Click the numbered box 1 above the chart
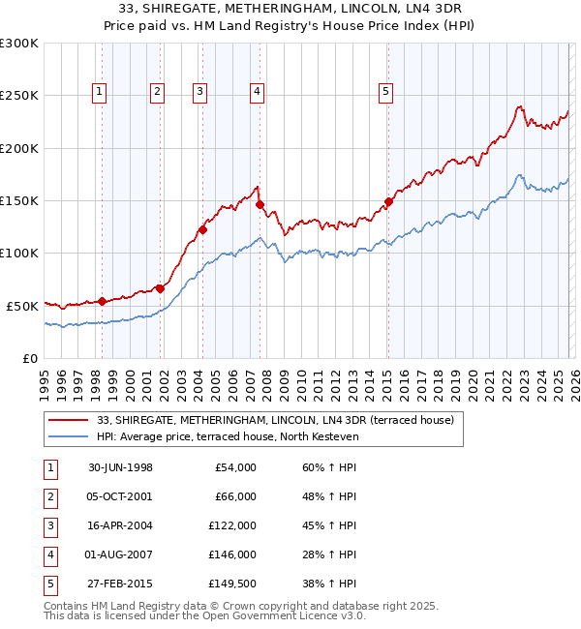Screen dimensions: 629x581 pos(102,92)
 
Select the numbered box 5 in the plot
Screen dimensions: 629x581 pos(386,92)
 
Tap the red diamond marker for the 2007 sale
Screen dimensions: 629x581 pos(260,205)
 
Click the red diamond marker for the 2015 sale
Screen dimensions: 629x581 pos(388,202)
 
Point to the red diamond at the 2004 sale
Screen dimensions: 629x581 pos(203,230)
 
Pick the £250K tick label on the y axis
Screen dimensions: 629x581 pos(19,96)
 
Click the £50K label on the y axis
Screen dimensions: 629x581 pos(23,306)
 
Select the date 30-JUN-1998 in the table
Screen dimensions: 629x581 pos(120,467)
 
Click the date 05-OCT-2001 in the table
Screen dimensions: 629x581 pos(120,496)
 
